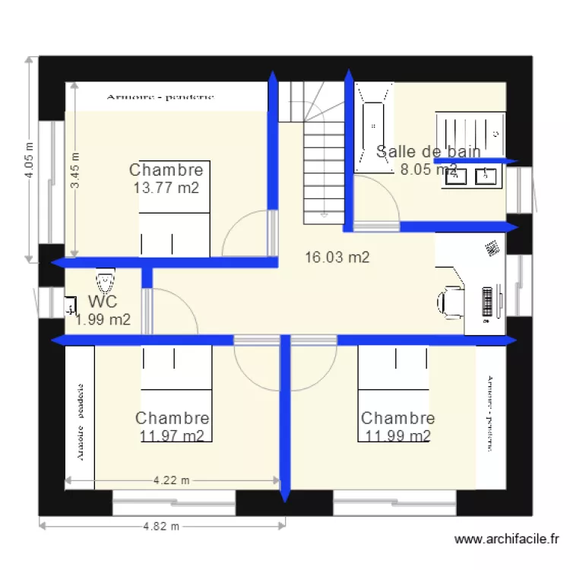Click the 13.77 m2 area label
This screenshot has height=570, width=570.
tap(166, 188)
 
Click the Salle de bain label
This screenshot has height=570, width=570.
tap(428, 151)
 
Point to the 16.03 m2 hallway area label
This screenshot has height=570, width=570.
tap(337, 258)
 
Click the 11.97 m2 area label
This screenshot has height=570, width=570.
tap(172, 435)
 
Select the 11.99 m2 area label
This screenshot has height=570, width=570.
tap(397, 435)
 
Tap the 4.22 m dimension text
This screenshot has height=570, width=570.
tap(171, 480)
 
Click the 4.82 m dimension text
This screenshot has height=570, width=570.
tap(160, 526)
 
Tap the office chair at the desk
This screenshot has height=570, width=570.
tap(451, 301)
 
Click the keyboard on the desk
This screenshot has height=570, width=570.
tap(486, 302)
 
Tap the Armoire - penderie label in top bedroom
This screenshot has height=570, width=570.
tap(160, 97)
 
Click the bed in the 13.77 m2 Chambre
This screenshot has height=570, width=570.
tap(174, 220)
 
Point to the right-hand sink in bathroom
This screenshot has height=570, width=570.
tap(486, 176)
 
